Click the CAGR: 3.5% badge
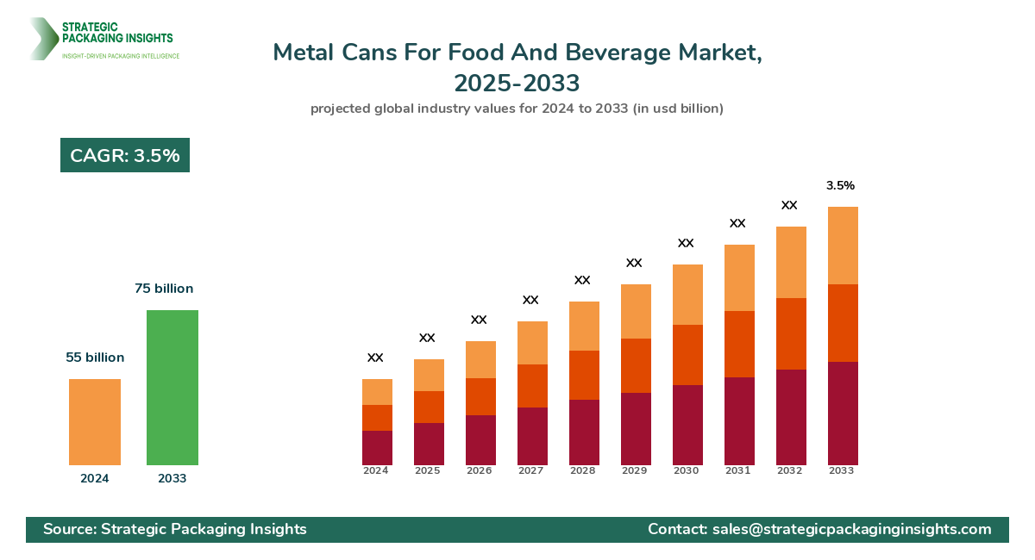click(125, 156)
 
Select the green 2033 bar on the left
click(172, 388)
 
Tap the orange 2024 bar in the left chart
click(95, 422)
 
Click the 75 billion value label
click(164, 289)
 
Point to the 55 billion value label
click(95, 358)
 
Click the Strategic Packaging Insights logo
click(103, 40)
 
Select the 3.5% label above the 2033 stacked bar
click(840, 185)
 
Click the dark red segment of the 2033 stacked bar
click(843, 414)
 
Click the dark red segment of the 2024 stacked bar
click(377, 448)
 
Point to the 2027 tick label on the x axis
click(530, 471)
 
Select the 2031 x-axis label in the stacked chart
click(737, 471)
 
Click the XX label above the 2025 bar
click(427, 338)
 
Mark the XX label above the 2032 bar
click(789, 205)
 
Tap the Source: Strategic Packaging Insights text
click(175, 529)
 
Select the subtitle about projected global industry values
click(517, 109)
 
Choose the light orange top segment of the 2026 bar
click(480, 359)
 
